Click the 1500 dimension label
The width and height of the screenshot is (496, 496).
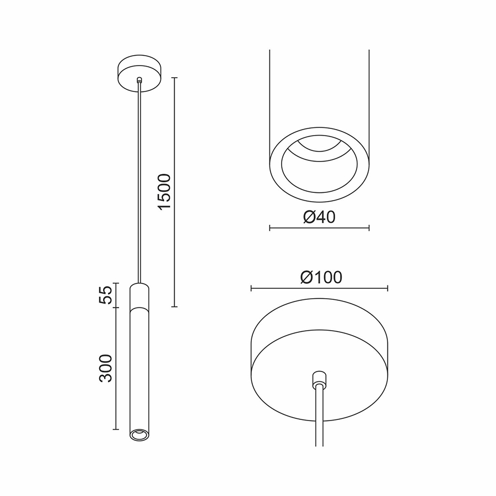(x=164, y=191)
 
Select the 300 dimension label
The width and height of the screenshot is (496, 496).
(x=106, y=369)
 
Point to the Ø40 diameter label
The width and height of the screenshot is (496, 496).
(x=319, y=217)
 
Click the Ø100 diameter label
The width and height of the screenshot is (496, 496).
(x=321, y=277)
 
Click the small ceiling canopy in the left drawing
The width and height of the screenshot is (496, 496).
(x=139, y=74)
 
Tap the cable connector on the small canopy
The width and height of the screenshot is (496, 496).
(x=139, y=80)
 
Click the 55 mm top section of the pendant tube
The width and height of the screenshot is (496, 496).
(x=139, y=295)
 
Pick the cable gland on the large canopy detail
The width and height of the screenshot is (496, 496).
(x=320, y=378)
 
